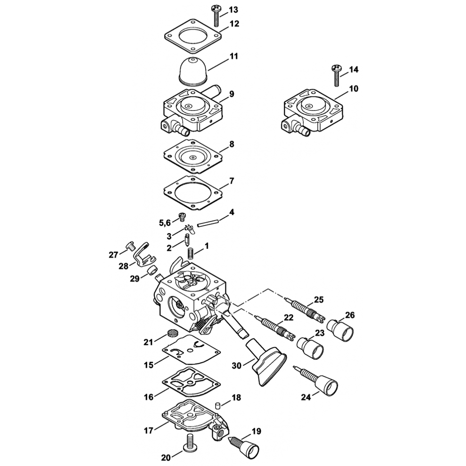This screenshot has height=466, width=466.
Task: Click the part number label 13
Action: [233, 10]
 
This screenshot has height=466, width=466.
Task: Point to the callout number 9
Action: [232, 94]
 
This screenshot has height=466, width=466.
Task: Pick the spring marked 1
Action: [191, 254]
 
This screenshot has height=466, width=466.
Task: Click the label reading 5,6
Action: [165, 223]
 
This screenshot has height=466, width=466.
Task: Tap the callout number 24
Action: [305, 397]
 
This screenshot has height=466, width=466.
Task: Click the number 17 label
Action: [148, 431]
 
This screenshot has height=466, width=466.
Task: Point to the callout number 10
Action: [353, 89]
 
